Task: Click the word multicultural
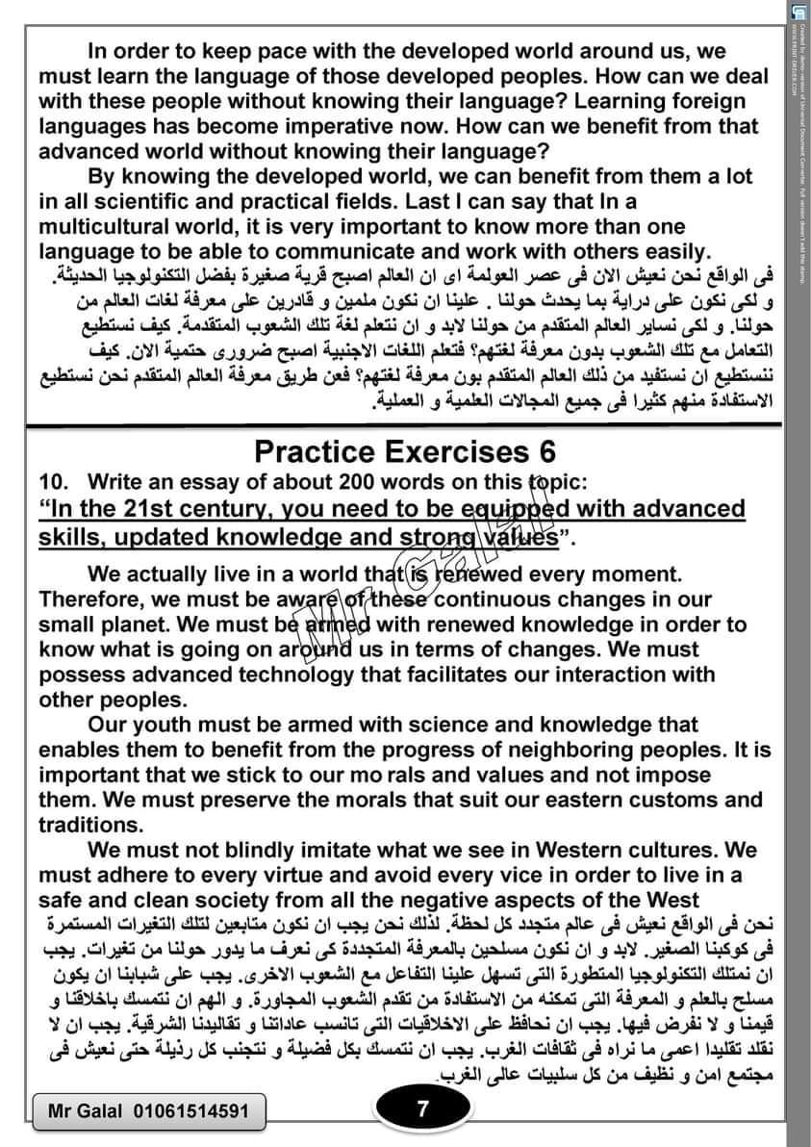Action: point(121,227)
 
